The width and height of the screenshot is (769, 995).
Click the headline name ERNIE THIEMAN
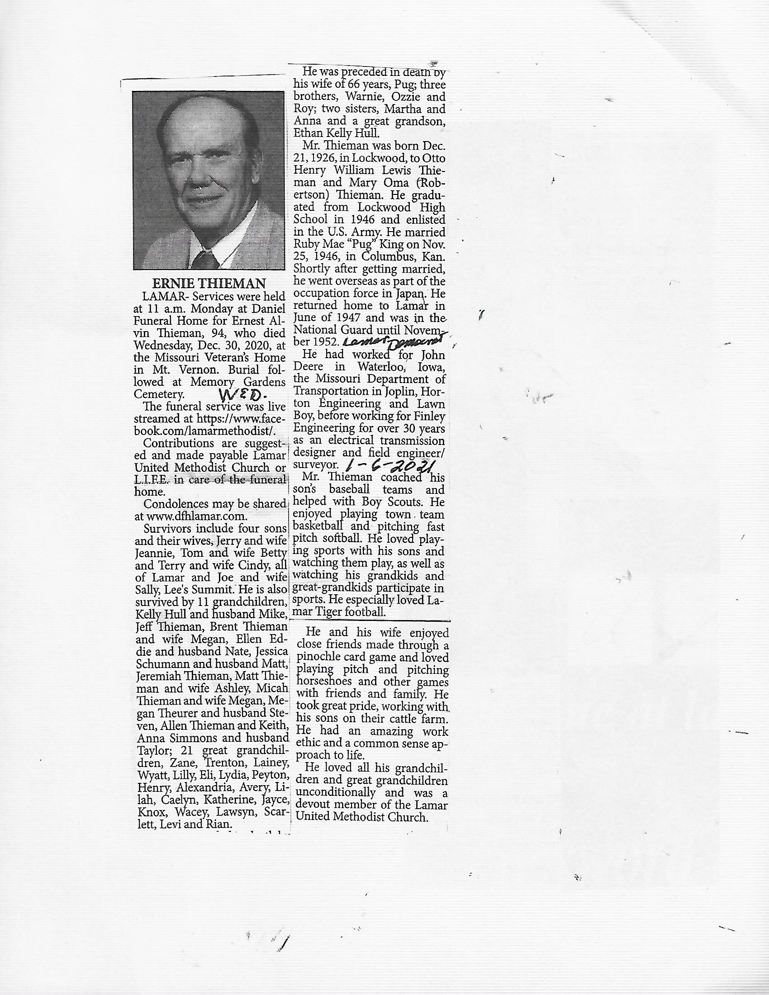pos(209,284)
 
